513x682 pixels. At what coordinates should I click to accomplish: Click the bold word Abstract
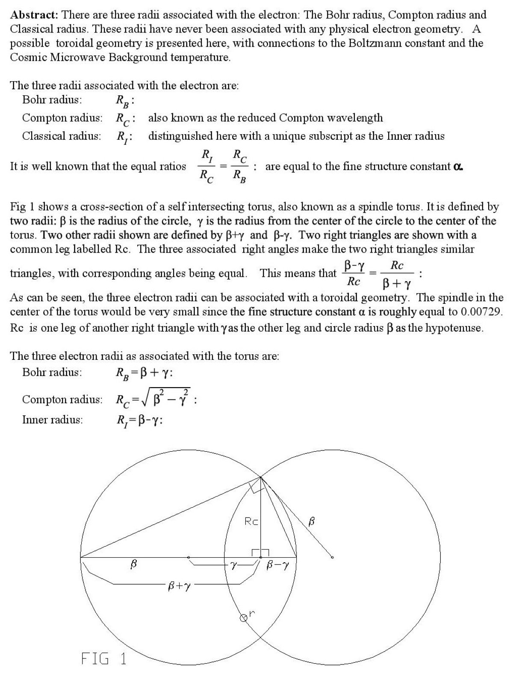coord(33,15)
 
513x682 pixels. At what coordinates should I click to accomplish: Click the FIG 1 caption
coord(104,658)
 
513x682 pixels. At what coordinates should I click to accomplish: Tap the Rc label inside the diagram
coord(251,521)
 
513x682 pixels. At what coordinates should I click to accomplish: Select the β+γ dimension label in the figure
coord(179,587)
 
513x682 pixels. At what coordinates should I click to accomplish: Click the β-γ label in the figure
coord(278,565)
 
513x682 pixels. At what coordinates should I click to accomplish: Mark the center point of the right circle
coord(333,557)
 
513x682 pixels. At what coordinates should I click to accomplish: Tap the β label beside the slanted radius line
coord(312,521)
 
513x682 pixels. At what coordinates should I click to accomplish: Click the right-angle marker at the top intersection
coord(256,487)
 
